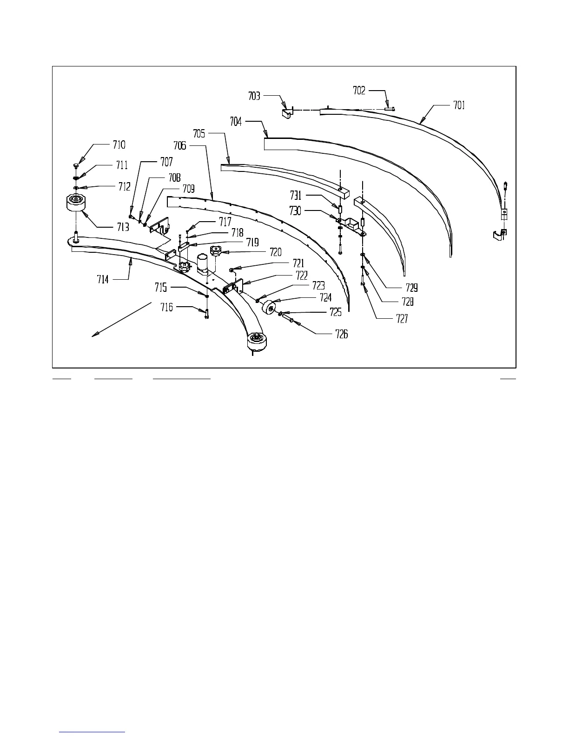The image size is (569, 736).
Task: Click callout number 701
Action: click(x=458, y=105)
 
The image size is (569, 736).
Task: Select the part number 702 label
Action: click(x=359, y=91)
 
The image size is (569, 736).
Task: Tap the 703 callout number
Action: click(x=254, y=96)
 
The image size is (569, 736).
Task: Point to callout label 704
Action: click(x=236, y=121)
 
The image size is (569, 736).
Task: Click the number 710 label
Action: click(x=119, y=145)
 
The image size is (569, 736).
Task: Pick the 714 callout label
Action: click(x=103, y=279)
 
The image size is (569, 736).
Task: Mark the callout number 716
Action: click(x=166, y=307)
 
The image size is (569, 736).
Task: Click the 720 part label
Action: click(x=275, y=253)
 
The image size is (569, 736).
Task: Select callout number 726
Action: click(x=341, y=334)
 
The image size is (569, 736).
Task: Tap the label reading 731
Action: click(x=296, y=196)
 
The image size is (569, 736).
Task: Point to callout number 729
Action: click(x=411, y=288)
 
